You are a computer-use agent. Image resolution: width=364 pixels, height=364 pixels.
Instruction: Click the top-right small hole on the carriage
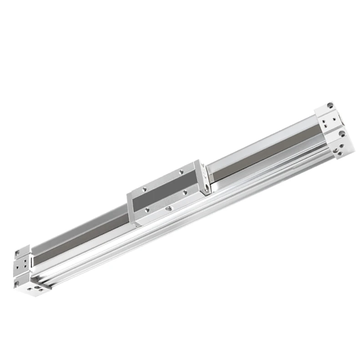[x=182, y=172]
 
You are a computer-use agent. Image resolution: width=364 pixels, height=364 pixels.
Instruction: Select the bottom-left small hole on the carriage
[x=147, y=209]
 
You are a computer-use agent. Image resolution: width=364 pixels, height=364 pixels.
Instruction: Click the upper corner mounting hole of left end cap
[x=18, y=251]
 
